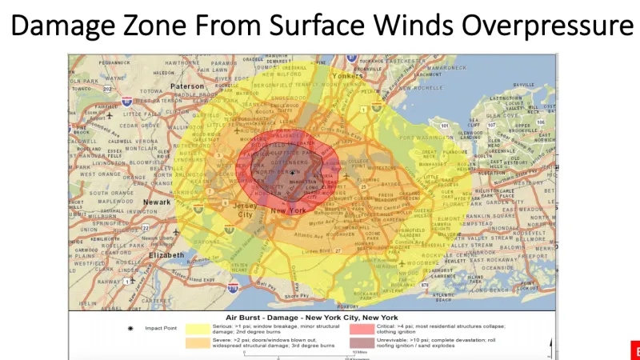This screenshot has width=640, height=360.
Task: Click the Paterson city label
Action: pos(187,86)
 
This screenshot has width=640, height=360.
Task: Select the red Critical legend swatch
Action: pos(361,328)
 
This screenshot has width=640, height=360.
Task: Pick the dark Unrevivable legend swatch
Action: pos(361,343)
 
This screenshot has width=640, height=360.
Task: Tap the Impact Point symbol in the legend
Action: pos(131,328)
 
